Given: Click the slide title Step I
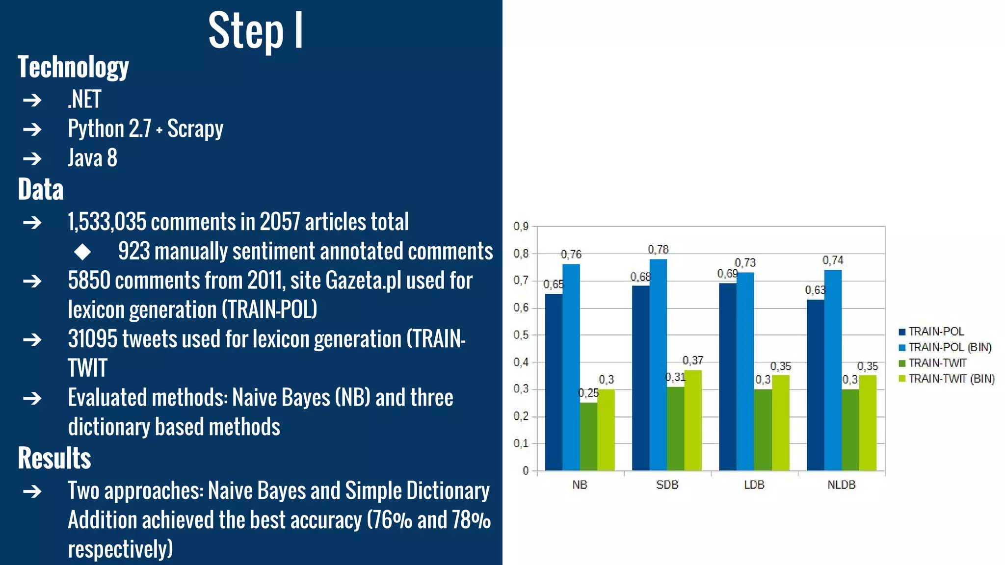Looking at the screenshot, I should (256, 30).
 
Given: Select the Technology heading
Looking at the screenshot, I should (73, 67).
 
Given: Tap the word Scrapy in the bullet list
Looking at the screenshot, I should (195, 129).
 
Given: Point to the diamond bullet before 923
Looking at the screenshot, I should (82, 252).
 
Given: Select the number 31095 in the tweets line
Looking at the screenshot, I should (93, 339).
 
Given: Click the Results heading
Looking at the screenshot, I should (54, 458).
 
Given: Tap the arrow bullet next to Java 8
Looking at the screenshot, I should (32, 158).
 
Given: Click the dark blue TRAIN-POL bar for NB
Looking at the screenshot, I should (554, 383).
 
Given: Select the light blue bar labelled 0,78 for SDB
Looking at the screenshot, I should (658, 365).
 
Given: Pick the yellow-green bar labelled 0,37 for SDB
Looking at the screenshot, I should (693, 420).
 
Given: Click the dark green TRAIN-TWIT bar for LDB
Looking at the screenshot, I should (763, 430).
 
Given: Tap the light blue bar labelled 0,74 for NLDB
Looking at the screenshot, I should (833, 370).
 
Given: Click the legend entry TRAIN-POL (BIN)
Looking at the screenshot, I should (950, 347).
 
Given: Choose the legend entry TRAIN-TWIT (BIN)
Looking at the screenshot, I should (951, 379).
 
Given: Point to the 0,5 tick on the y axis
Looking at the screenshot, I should (521, 335).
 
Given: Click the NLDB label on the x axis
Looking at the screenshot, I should (841, 485).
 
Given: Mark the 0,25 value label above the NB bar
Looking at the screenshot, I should (588, 393).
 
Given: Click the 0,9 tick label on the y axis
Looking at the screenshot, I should (521, 226).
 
